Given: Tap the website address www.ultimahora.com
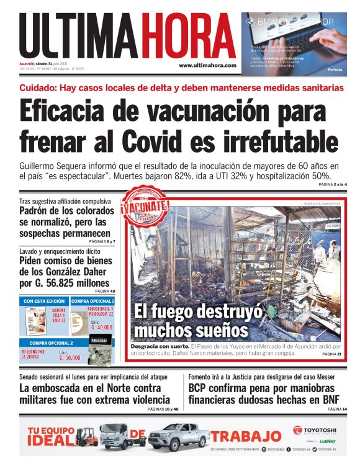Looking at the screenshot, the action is pyautogui.click(x=207, y=65).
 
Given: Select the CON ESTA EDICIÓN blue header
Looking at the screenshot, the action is pyautogui.click(x=44, y=301).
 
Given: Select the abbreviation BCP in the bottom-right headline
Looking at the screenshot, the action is pyautogui.click(x=201, y=388).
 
